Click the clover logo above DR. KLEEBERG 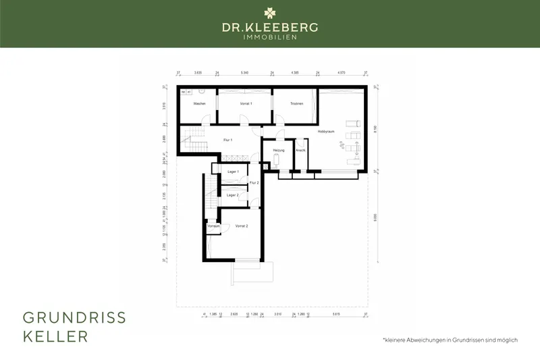[x=269, y=12]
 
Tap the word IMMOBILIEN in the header [x=269, y=37]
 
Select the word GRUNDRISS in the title [x=74, y=317]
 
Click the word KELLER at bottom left [x=55, y=336]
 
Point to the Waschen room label [x=199, y=103]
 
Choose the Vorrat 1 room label [x=246, y=103]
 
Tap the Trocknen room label [x=296, y=103]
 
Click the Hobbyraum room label [x=326, y=132]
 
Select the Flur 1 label [x=227, y=140]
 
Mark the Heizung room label [x=279, y=149]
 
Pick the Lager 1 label [x=233, y=172]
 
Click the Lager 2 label [x=233, y=195]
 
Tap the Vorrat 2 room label [x=242, y=226]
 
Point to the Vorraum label [x=214, y=226]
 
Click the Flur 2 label [x=254, y=183]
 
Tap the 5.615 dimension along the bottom [x=336, y=315]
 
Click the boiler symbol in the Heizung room [x=277, y=161]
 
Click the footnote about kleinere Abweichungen [x=450, y=340]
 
